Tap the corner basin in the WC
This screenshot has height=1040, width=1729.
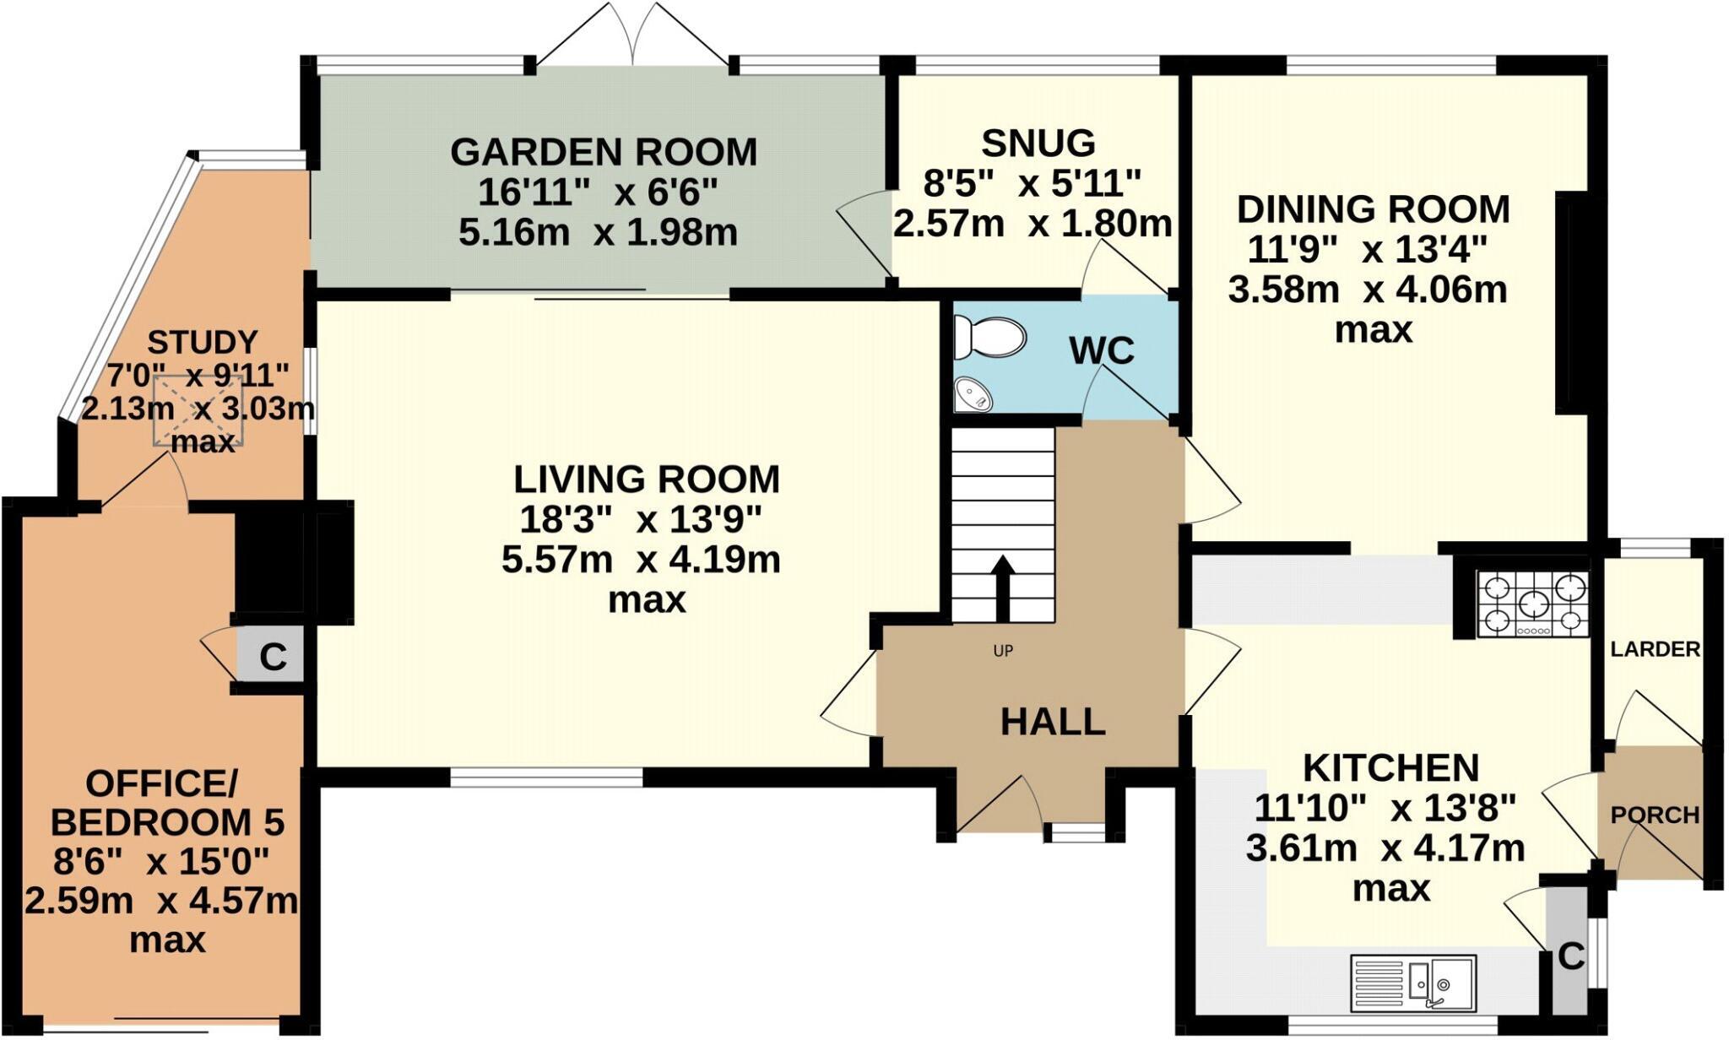click(x=973, y=395)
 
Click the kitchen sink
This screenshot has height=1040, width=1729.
click(x=1413, y=983)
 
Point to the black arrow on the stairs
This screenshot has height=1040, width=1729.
click(x=1003, y=588)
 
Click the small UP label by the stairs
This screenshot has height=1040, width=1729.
click(x=1003, y=651)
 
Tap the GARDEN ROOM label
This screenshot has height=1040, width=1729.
click(x=604, y=153)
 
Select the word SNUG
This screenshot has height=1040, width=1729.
click(x=1038, y=144)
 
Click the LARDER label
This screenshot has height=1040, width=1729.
click(x=1655, y=649)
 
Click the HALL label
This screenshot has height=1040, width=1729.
click(x=1053, y=722)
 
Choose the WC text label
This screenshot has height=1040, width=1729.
click(x=1101, y=350)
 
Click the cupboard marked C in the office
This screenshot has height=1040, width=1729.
click(x=272, y=655)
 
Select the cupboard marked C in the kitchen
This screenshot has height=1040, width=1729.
click(x=1569, y=957)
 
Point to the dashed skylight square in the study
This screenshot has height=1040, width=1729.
click(x=198, y=411)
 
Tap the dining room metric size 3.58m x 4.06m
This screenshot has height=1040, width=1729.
click(x=1367, y=290)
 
